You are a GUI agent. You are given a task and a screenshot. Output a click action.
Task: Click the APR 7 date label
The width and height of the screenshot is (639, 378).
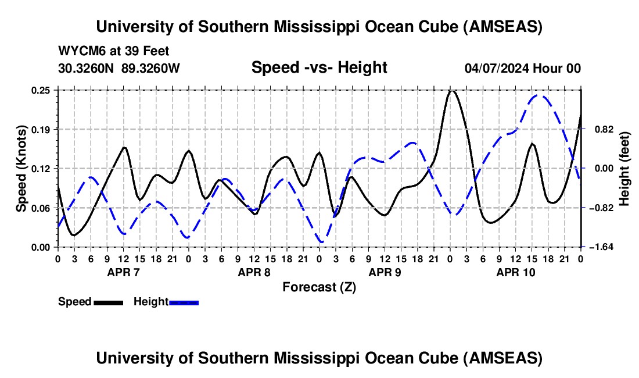tap(123, 272)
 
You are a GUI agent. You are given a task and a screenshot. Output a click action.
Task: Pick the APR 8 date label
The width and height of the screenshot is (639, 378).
tap(254, 272)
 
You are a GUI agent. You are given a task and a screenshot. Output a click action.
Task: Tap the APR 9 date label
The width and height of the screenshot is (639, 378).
tap(385, 272)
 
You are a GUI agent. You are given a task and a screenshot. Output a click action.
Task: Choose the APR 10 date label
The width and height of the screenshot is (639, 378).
tap(515, 272)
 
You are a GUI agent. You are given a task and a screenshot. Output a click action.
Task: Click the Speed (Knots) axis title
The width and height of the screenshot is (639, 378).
tap(21, 169)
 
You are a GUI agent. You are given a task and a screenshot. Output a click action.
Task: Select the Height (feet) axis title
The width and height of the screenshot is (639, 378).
tap(624, 169)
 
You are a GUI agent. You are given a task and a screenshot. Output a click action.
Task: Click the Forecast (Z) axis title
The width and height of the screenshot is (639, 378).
tap(319, 287)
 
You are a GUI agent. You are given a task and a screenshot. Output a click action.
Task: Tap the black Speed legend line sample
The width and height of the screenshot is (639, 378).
tap(108, 302)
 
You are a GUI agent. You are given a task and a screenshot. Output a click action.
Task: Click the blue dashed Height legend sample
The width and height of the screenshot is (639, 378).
tap(184, 302)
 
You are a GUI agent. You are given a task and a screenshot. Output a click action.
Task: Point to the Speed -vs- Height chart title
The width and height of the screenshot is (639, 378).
tap(319, 67)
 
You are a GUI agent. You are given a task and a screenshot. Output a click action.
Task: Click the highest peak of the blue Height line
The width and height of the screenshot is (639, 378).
tap(539, 96)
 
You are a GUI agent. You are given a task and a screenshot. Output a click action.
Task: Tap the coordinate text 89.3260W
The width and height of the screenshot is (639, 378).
tap(151, 68)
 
